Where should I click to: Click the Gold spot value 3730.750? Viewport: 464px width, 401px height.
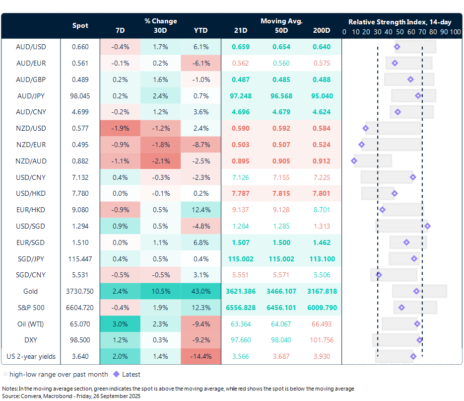[80, 291]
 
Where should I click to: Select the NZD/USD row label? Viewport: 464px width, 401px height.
[30, 128]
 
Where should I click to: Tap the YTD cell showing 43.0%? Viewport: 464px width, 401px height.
[200, 291]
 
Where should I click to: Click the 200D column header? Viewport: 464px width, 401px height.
[321, 31]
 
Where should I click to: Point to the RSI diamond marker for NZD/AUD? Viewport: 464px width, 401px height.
[354, 161]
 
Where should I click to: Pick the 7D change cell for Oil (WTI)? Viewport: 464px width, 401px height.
[120, 324]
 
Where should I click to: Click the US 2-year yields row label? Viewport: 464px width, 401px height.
[30, 356]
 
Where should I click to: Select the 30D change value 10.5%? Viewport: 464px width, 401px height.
[160, 291]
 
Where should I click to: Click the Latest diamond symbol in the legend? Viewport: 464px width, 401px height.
[116, 374]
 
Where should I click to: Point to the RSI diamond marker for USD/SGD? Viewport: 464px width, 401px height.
[427, 226]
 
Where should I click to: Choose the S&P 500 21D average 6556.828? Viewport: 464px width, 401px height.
[241, 308]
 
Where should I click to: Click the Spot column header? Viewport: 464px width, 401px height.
[80, 25]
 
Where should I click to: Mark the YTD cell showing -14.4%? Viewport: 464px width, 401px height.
[200, 356]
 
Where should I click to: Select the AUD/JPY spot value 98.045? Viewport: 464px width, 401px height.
[80, 95]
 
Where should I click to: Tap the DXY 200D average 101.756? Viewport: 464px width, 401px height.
[321, 340]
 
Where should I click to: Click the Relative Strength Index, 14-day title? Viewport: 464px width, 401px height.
[399, 22]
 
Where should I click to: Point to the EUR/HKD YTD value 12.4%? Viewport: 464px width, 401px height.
[200, 210]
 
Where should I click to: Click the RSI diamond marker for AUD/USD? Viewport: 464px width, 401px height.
[397, 47]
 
